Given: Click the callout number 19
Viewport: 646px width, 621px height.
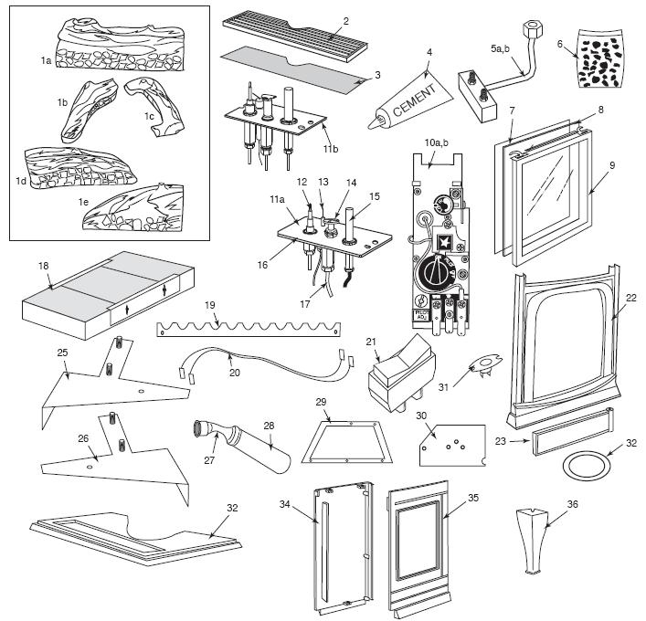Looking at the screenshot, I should pos(211,307).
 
